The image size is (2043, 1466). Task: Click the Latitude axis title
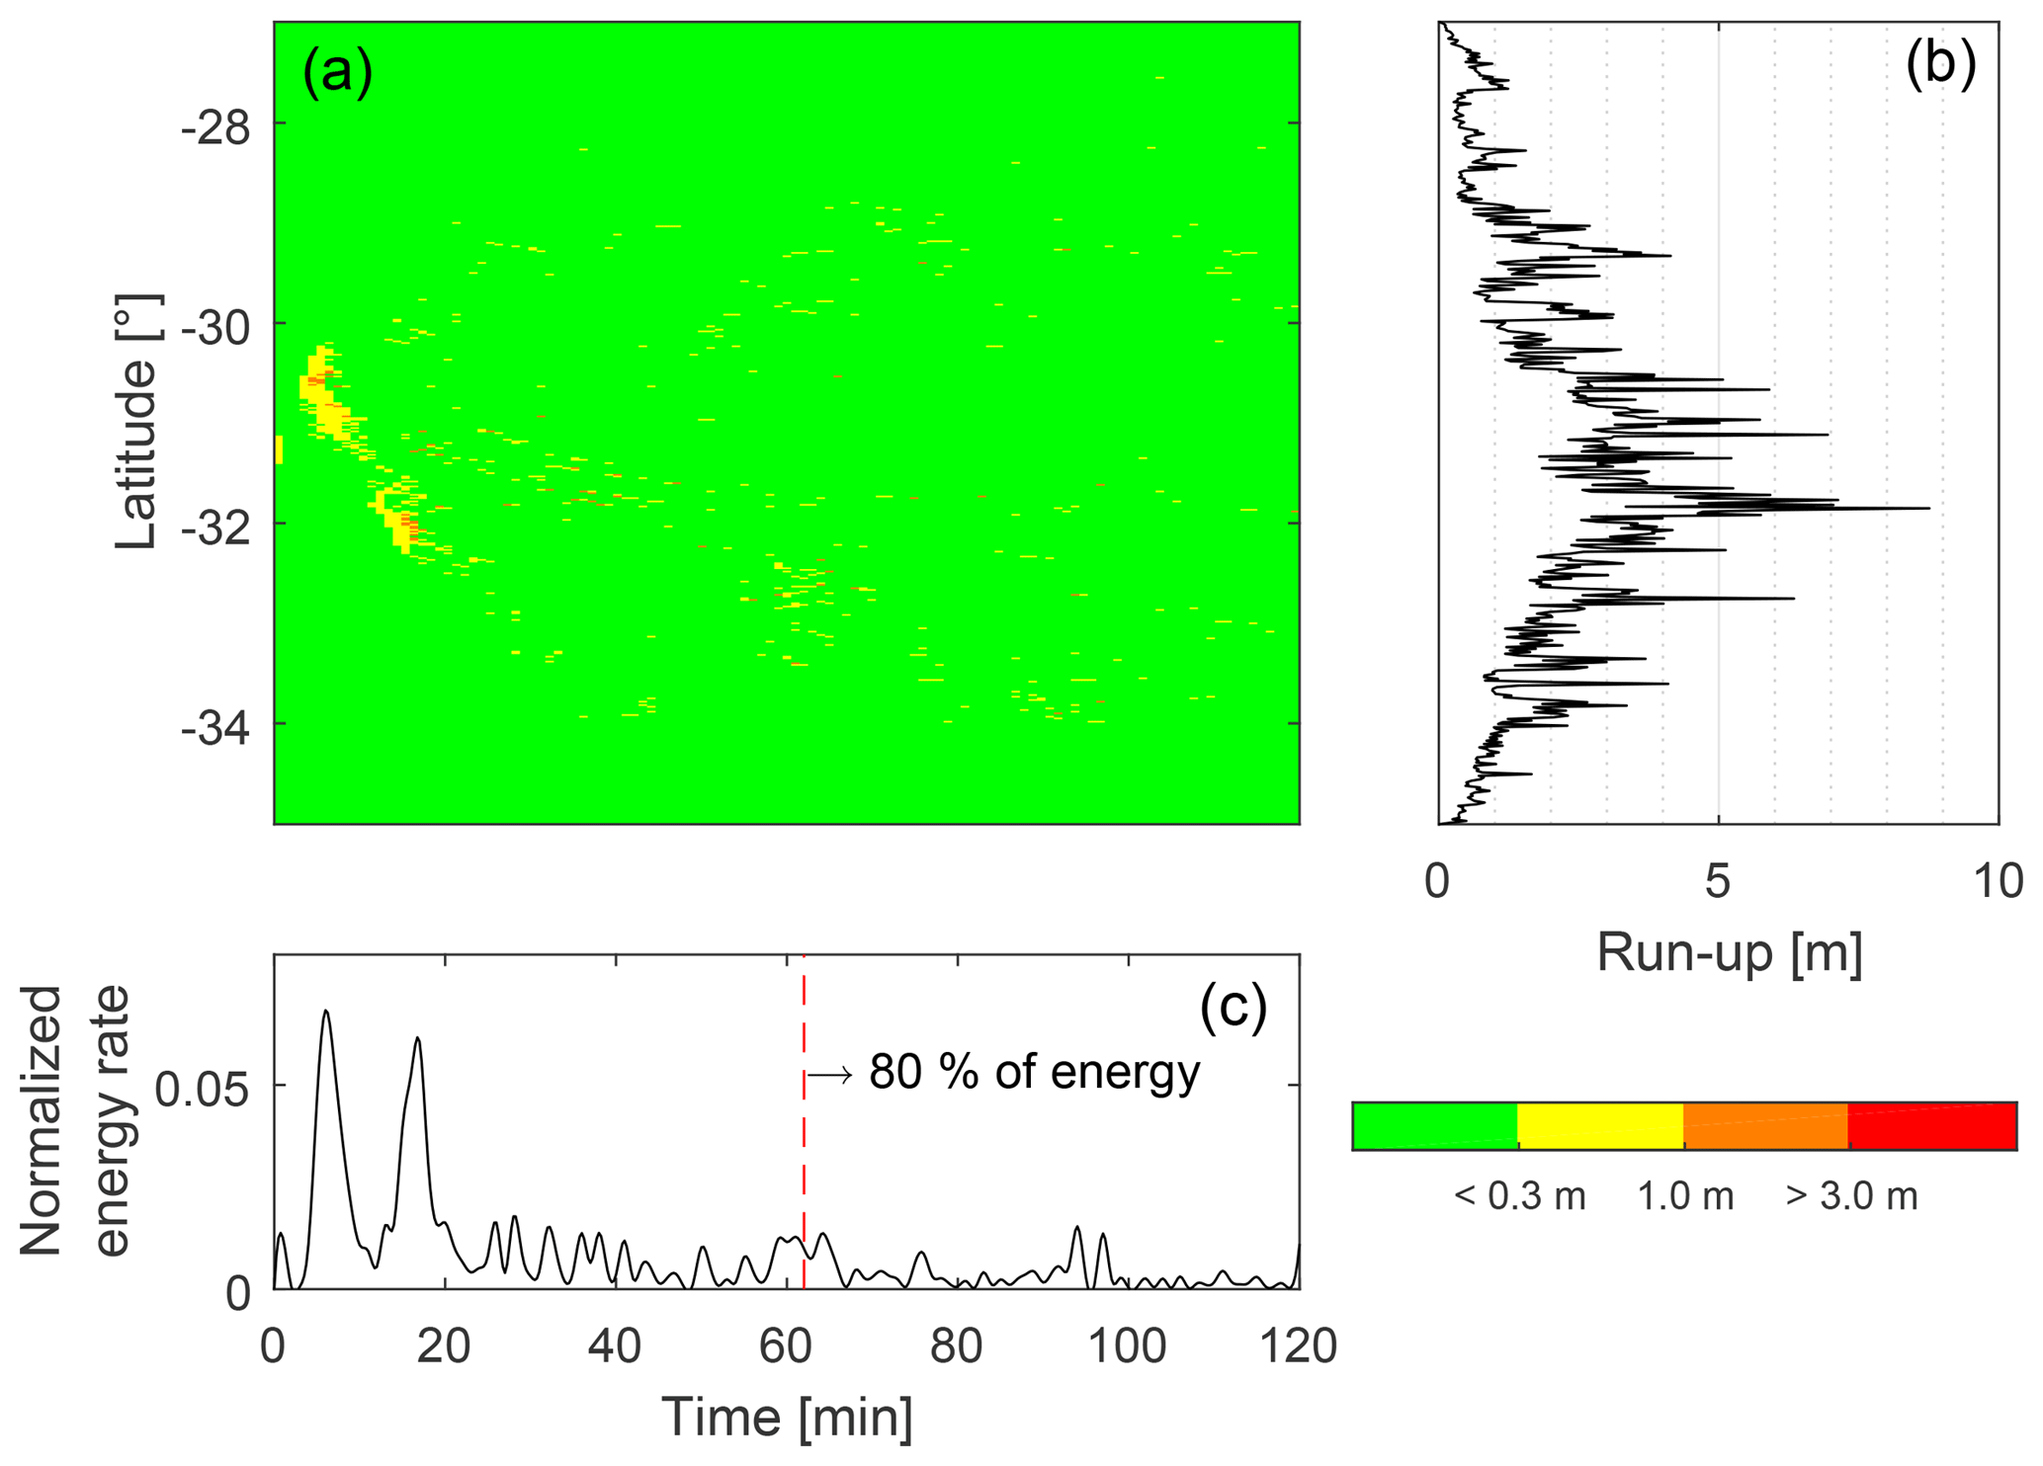(136, 422)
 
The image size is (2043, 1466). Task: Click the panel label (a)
(338, 73)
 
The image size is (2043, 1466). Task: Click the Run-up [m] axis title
(1730, 952)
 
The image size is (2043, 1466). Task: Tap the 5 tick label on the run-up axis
(1718, 880)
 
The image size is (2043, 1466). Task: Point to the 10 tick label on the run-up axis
(1998, 880)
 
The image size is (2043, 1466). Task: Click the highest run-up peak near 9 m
(1927, 508)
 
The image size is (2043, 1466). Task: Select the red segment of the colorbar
(1931, 1126)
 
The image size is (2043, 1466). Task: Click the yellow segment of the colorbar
(1599, 1126)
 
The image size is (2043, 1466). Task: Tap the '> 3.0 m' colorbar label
(1851, 1196)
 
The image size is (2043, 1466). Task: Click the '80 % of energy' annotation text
(1034, 1073)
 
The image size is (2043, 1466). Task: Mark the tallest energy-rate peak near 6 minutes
(325, 1012)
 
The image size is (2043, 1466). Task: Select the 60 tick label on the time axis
(786, 1346)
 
